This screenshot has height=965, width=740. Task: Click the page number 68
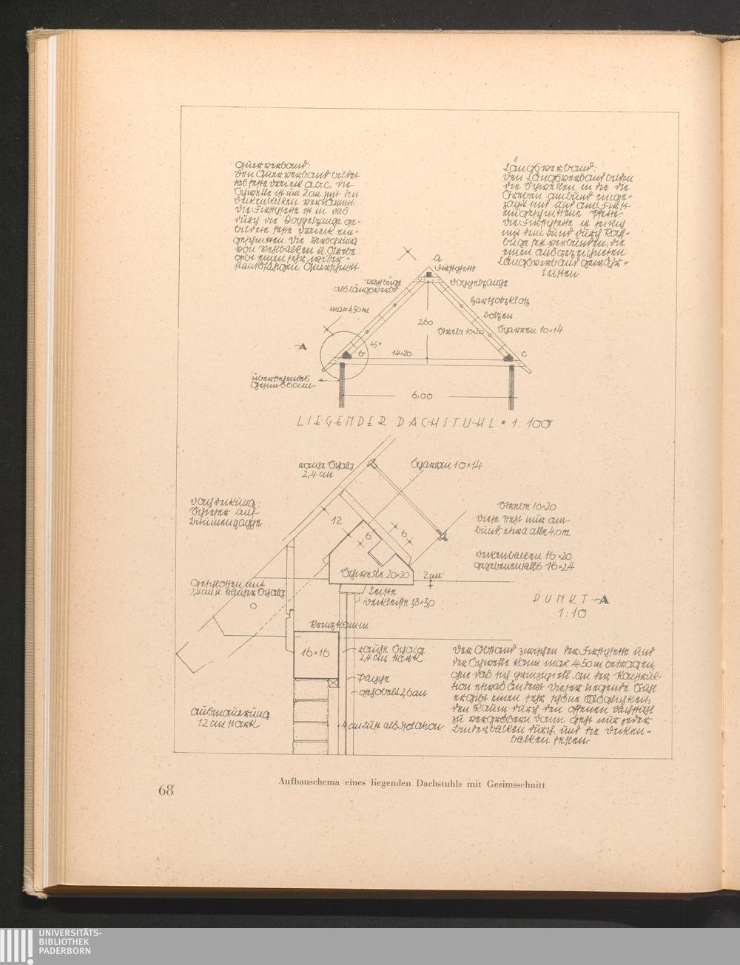coord(165,790)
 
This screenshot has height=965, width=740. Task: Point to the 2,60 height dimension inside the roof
coord(424,322)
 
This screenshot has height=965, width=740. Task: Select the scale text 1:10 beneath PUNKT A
coord(571,614)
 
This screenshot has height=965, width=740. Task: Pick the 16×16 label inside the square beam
coord(315,654)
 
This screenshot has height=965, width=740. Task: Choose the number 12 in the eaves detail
coord(337,521)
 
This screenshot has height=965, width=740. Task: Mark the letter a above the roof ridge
coord(438,257)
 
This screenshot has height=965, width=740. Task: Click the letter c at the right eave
coord(523,353)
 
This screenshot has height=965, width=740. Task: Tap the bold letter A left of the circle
coord(303,345)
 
